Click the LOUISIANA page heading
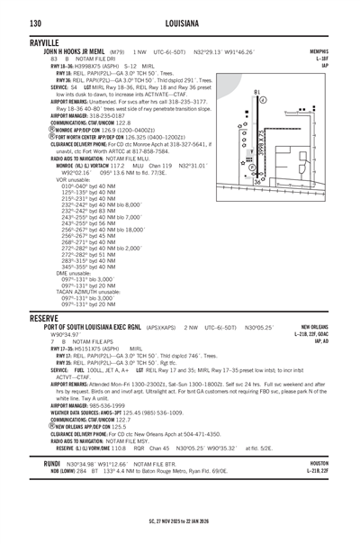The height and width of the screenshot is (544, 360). (180, 21)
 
